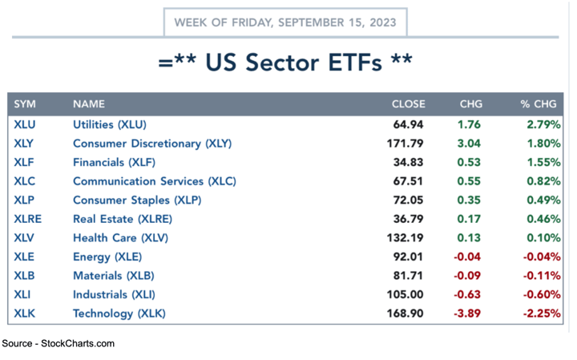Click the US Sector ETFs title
point(286,63)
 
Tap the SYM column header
point(25,104)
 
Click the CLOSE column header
point(408,104)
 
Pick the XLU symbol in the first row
point(25,124)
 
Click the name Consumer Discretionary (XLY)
point(151,144)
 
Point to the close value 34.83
point(408,162)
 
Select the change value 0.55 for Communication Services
point(469,181)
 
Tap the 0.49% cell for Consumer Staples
point(543,200)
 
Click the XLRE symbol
point(28,219)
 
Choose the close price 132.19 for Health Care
point(405,237)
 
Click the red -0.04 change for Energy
point(466,257)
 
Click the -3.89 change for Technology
point(466,313)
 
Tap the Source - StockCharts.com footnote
point(59,343)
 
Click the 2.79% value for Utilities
point(543,124)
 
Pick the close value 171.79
point(405,144)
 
